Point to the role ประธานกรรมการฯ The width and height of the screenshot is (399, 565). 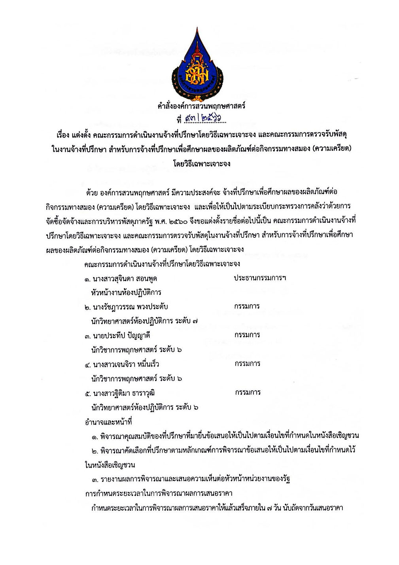pos(260,278)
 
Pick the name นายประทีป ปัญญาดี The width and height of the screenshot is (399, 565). pos(122,336)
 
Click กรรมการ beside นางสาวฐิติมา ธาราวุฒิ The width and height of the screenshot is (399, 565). pos(248,392)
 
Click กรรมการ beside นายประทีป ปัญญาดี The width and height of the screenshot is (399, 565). pos(247,335)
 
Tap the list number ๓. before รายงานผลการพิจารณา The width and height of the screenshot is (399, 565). pos(95,480)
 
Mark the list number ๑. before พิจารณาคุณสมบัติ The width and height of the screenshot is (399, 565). pos(95,436)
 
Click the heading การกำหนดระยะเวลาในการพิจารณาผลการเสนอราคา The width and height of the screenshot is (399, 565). pos(158,493)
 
